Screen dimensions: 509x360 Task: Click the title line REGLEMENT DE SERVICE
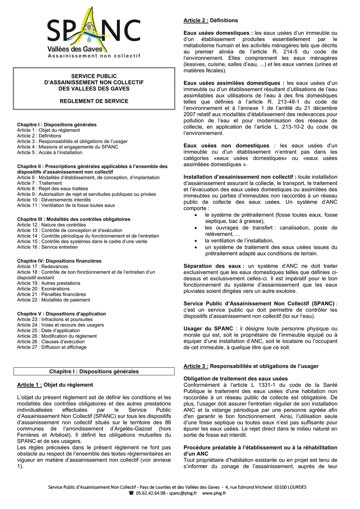[94, 101]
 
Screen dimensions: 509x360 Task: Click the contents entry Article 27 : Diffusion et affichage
[52, 347]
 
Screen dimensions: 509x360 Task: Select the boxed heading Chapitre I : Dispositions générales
[94, 371]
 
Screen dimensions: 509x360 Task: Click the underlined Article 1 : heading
[29, 385]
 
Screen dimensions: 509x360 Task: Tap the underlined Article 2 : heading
[196, 20]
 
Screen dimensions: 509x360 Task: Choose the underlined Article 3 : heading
[196, 366]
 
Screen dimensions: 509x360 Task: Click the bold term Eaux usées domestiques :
[218, 33]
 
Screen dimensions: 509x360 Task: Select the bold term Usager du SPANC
[208, 329]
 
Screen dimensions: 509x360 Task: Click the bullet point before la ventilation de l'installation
[195, 241]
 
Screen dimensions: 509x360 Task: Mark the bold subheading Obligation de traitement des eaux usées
[236, 379]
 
